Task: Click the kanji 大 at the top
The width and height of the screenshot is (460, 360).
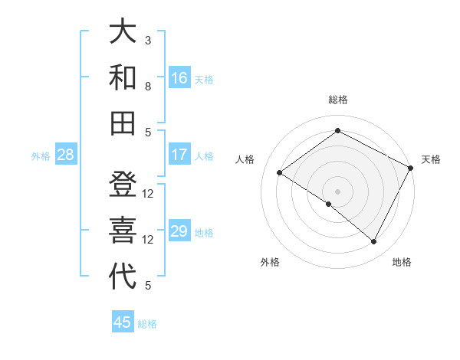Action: (123, 32)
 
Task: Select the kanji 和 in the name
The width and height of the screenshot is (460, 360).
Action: (123, 77)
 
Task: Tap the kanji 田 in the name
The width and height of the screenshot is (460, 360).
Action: (123, 123)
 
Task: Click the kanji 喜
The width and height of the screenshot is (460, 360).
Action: (123, 231)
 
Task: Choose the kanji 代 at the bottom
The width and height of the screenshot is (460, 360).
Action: (123, 276)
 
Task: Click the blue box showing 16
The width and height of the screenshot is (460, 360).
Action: (179, 78)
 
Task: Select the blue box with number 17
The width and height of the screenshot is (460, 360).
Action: (179, 155)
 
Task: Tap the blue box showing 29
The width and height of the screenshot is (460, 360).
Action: (179, 231)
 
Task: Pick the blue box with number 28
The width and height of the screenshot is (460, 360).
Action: (65, 155)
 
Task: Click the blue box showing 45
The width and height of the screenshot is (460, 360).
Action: (123, 322)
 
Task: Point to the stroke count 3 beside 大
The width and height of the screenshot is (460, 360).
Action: (148, 40)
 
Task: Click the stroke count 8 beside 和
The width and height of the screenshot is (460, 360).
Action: (148, 86)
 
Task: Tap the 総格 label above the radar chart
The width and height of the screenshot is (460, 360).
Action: (337, 100)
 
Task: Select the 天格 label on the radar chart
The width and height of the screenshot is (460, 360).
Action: (431, 159)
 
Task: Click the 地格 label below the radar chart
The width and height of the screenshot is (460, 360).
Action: (402, 263)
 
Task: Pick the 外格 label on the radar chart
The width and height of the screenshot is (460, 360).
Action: (270, 263)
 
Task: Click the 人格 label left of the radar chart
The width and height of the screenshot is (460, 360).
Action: (245, 159)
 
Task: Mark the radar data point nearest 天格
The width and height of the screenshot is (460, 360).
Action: (411, 168)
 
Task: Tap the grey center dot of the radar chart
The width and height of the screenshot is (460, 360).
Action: (337, 191)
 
